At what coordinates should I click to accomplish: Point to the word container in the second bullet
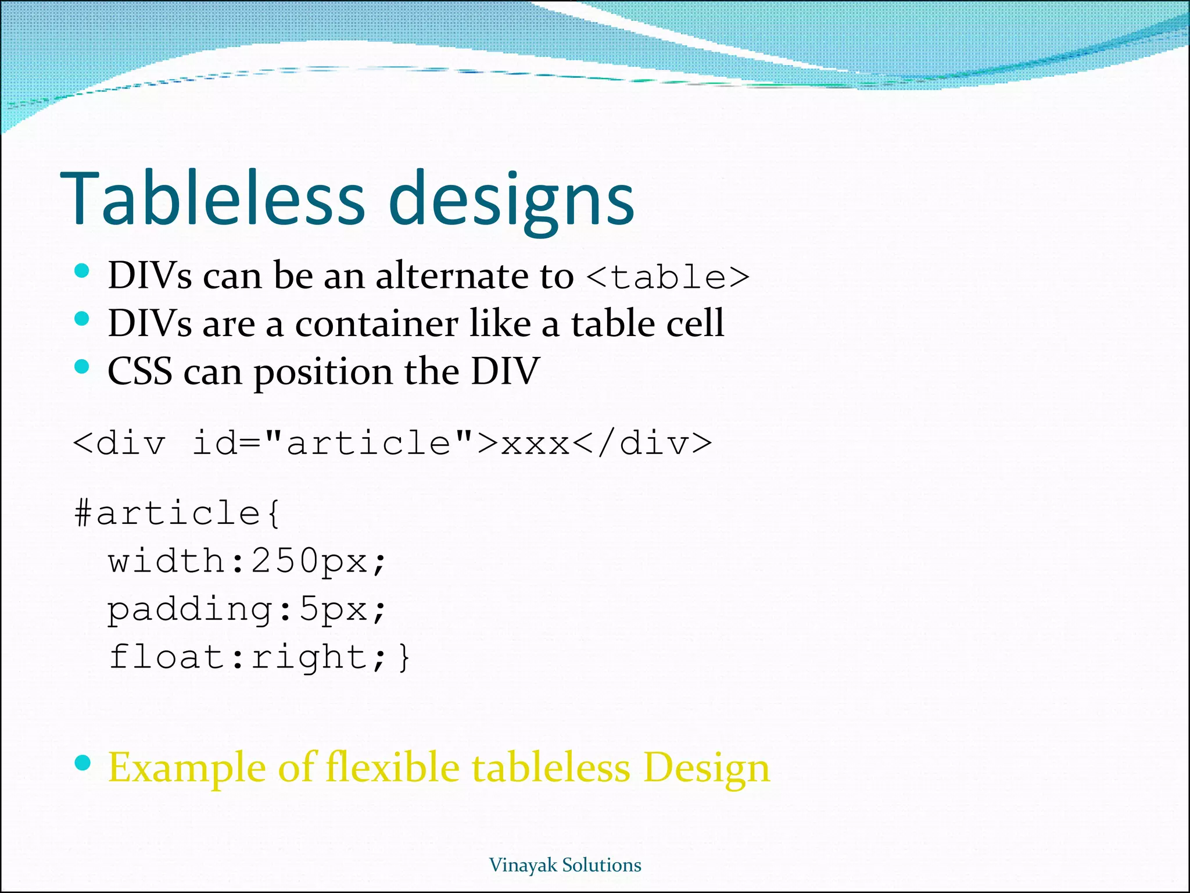377,324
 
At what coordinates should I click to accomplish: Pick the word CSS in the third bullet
140,372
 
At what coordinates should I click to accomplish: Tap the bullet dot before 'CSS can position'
83,367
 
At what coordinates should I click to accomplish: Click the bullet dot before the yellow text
83,763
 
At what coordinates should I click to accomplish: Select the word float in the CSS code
167,657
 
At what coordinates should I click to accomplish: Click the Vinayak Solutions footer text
565,865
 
